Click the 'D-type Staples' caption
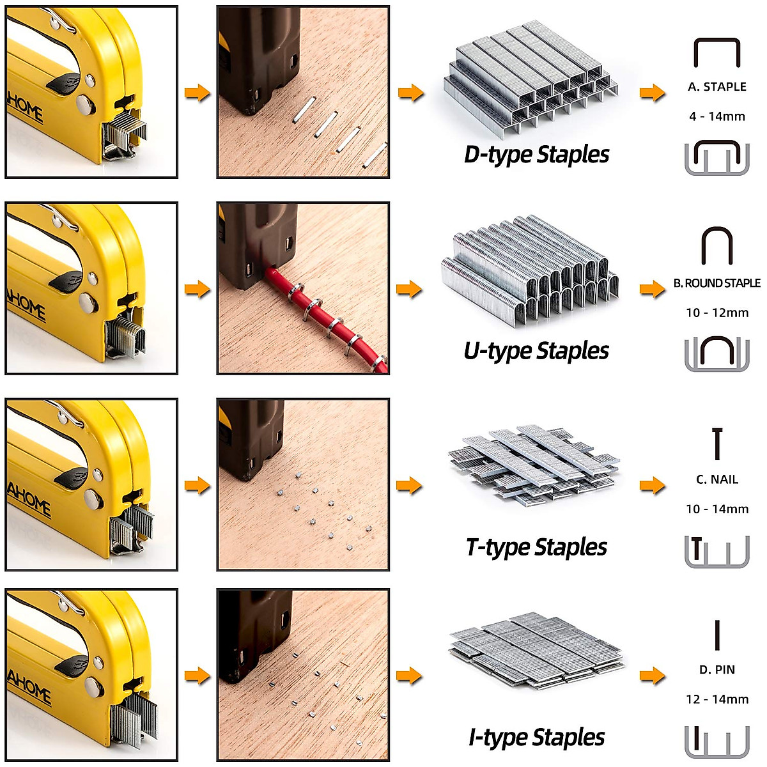point(536,155)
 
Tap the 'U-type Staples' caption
point(536,351)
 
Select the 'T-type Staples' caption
point(536,547)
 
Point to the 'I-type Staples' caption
point(536,738)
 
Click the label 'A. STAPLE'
point(717,87)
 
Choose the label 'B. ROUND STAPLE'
point(717,283)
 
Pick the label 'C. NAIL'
point(717,479)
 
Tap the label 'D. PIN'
point(717,670)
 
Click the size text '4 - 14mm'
point(717,116)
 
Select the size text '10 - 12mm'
point(717,313)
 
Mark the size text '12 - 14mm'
point(717,699)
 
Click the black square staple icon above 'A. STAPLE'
point(717,52)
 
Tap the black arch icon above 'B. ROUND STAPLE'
point(717,245)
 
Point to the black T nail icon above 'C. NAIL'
point(717,444)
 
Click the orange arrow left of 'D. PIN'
point(652,676)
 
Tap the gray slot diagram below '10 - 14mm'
point(717,552)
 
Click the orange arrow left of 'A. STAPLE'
point(652,93)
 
